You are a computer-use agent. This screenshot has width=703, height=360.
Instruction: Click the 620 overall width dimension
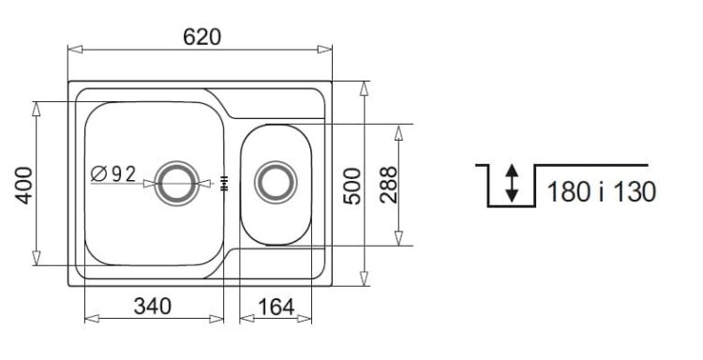(x=202, y=37)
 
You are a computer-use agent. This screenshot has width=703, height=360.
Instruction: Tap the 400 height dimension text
(x=24, y=186)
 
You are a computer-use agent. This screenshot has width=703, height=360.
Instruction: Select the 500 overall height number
(x=351, y=186)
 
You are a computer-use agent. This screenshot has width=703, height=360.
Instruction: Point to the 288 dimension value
(x=388, y=185)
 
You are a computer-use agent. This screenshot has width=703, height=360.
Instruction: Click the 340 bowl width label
(x=153, y=307)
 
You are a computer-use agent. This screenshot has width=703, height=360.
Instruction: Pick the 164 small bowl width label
(x=277, y=307)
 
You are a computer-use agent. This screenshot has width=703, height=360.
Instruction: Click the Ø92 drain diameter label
(x=113, y=174)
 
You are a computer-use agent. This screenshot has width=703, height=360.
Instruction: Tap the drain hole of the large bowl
(x=176, y=184)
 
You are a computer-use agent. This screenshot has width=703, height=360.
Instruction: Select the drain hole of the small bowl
(x=276, y=183)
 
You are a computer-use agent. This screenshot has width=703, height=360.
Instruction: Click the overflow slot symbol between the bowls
(x=225, y=183)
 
